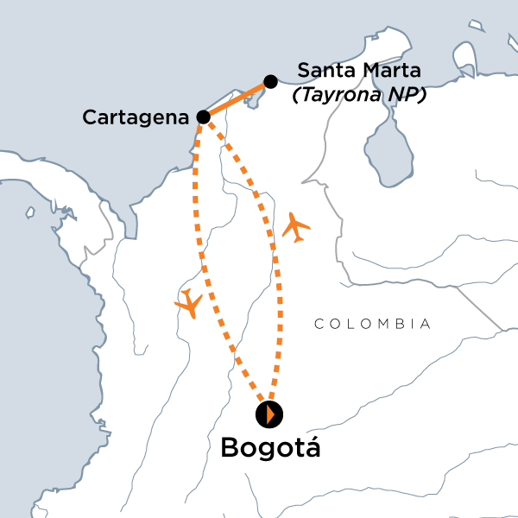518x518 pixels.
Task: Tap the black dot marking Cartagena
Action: click(203, 117)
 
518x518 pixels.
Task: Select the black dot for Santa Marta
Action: click(270, 81)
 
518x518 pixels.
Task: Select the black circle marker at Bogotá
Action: click(268, 414)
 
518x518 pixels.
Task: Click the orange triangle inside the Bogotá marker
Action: click(271, 414)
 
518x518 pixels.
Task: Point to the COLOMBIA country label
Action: click(372, 325)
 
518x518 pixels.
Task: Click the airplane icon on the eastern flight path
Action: click(295, 227)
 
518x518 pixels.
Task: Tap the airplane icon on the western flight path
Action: click(188, 304)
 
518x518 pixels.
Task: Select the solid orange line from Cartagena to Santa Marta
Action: click(237, 99)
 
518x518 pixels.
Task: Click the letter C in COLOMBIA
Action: click(319, 325)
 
